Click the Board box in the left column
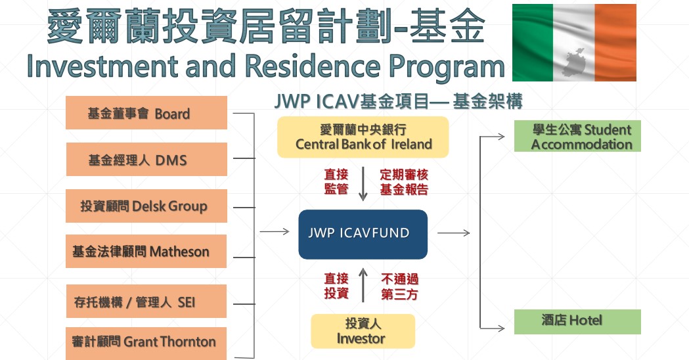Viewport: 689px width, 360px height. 146,112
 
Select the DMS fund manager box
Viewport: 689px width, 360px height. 146,159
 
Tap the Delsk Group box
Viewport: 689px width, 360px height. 146,206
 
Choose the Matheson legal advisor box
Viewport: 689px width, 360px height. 146,251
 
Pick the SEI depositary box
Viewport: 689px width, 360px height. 146,301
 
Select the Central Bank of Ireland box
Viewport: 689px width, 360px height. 363,137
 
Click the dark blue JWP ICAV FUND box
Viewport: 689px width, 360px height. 363,235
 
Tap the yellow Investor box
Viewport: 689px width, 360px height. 363,332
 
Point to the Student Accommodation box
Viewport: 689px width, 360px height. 577,136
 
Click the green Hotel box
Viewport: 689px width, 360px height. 577,322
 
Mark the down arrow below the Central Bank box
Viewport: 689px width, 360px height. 363,184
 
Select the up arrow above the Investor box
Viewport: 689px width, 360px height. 363,285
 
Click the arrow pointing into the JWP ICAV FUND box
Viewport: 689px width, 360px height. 275,231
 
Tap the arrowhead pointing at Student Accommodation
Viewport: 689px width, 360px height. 501,137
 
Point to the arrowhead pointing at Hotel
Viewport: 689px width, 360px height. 501,328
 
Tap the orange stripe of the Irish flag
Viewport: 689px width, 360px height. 615,43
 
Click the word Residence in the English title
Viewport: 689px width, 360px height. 313,66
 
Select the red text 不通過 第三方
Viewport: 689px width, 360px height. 399,286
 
